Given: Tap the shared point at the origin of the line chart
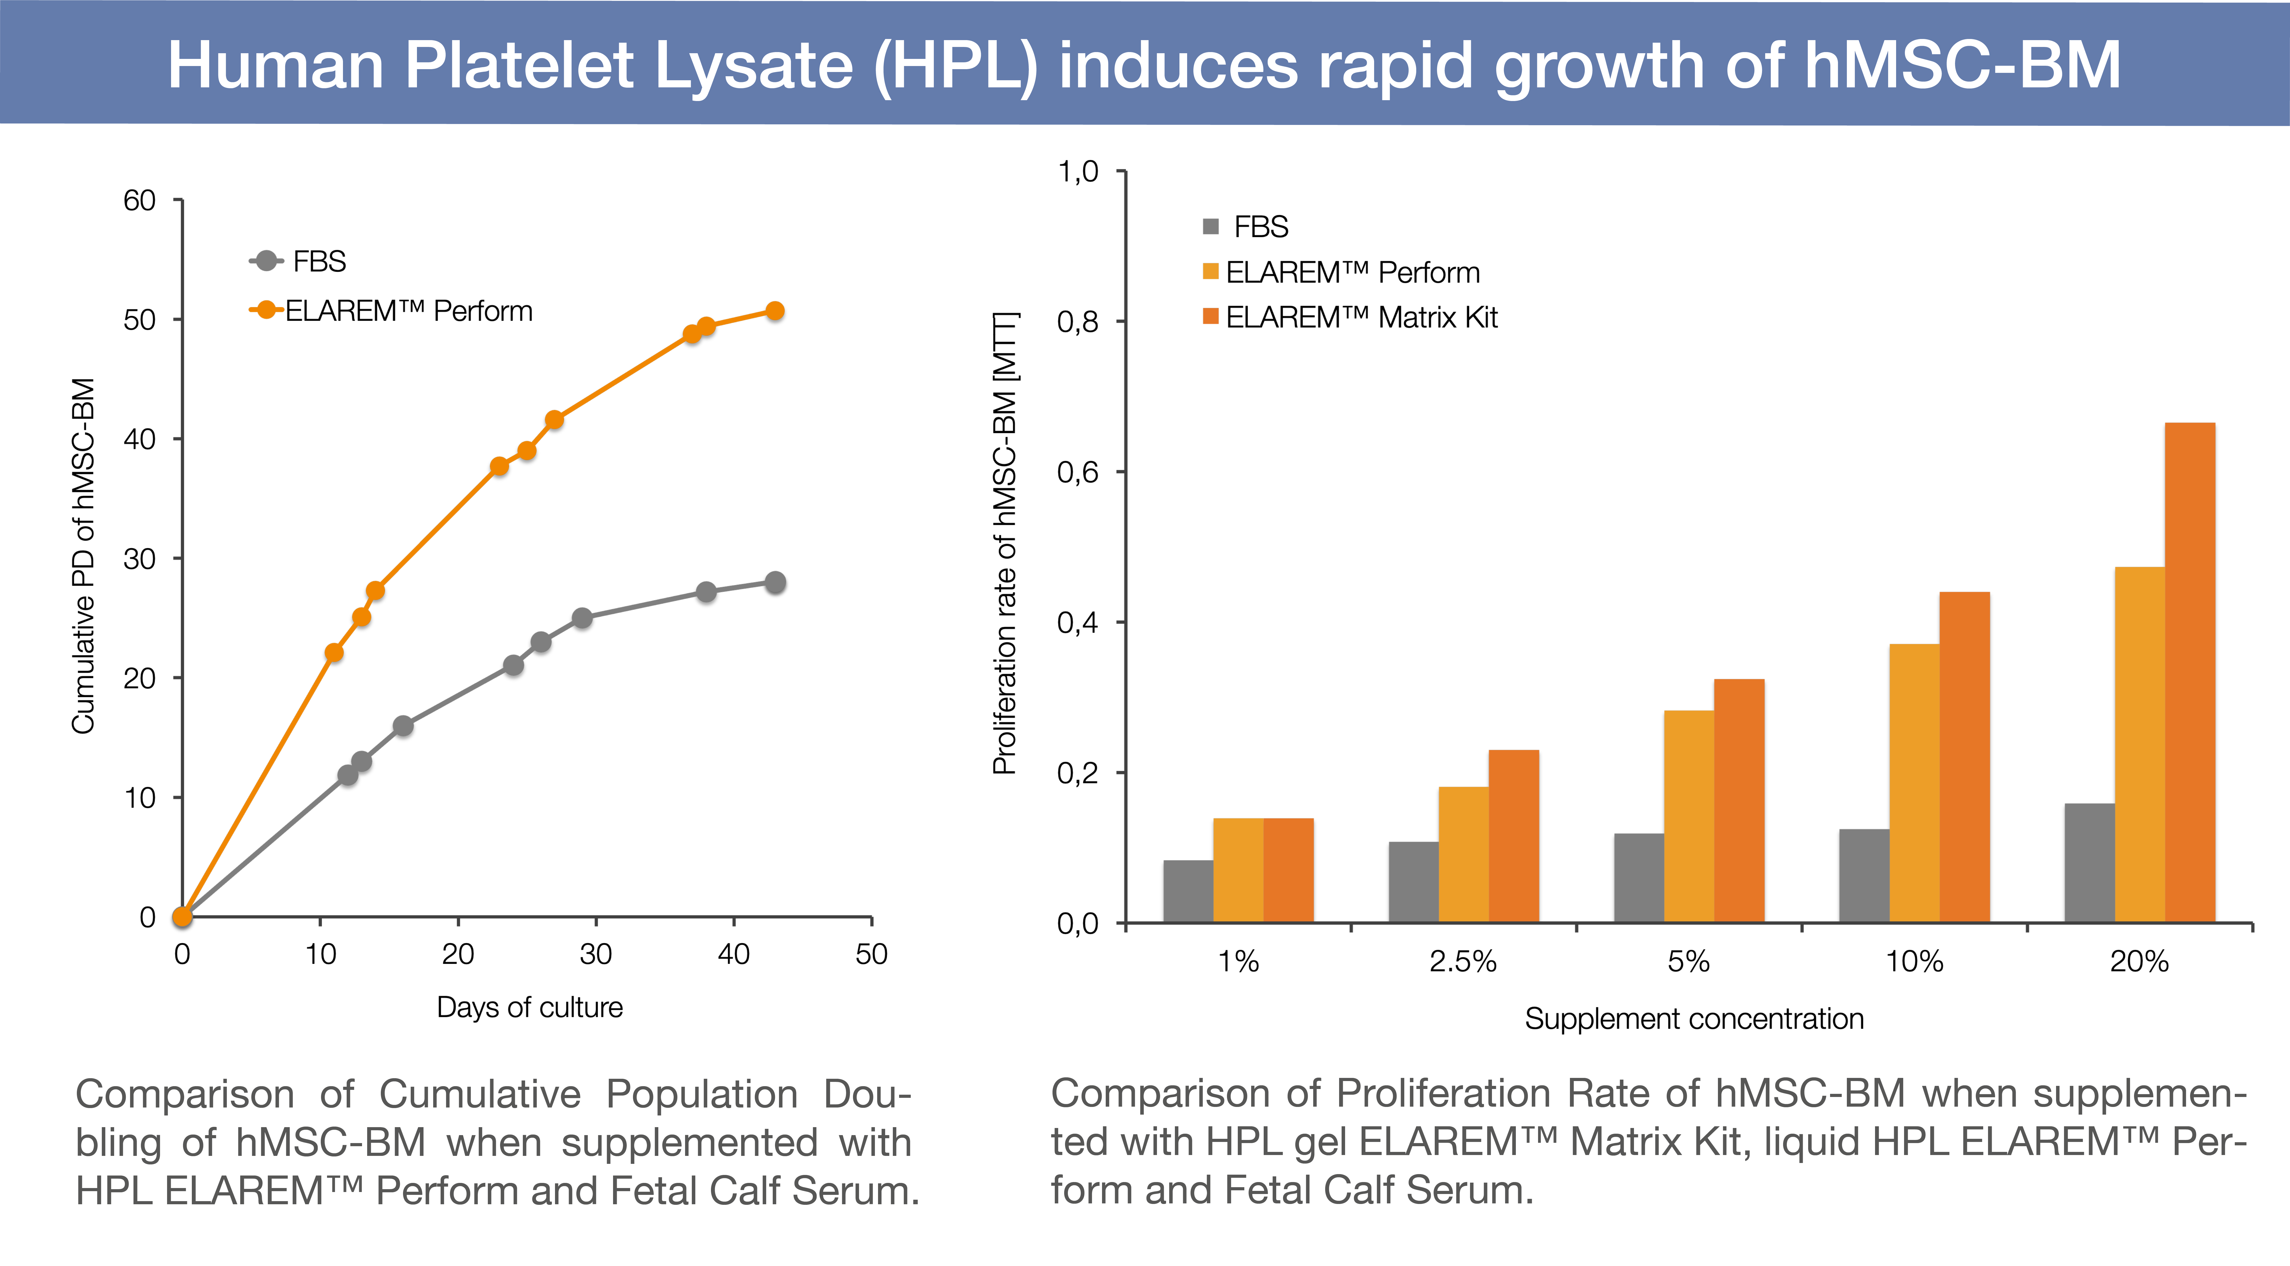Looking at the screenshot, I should (x=182, y=917).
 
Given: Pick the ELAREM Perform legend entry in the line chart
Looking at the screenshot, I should (x=391, y=311).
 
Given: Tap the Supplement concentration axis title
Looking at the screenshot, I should (x=1693, y=1019).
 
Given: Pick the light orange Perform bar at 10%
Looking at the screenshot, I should (x=1914, y=782).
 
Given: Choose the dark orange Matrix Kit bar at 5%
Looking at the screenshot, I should (x=1739, y=800).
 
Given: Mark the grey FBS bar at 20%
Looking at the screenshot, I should (x=2089, y=862).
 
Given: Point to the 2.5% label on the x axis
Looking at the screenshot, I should (x=1462, y=962).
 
